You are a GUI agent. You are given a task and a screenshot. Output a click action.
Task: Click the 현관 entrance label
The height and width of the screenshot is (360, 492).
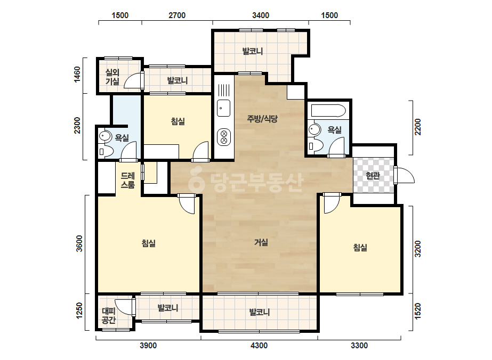(x=373, y=176)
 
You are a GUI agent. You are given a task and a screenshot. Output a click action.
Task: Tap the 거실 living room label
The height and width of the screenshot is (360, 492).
(x=261, y=242)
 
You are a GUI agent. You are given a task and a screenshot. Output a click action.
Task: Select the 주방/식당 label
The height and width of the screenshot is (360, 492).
(x=262, y=119)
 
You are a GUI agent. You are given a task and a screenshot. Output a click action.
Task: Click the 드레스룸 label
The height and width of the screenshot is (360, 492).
(x=128, y=181)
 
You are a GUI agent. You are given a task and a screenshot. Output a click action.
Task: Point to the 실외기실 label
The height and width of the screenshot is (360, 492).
(x=112, y=77)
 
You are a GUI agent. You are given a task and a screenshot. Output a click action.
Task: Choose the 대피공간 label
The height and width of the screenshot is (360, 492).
(x=109, y=315)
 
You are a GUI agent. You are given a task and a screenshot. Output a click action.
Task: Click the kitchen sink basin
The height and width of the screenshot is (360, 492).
(x=223, y=108)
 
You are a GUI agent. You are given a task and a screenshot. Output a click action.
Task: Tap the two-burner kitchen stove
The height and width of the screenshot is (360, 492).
(x=224, y=137)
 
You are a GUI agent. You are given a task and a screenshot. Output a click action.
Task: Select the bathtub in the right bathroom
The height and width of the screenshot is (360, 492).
(x=328, y=110)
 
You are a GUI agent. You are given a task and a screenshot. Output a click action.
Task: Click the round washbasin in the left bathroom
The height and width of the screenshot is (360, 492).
(x=105, y=136)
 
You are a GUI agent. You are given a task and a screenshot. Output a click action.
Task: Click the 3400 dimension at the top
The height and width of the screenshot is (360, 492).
(x=261, y=15)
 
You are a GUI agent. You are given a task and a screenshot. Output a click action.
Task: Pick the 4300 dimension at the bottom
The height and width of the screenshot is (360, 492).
(x=260, y=346)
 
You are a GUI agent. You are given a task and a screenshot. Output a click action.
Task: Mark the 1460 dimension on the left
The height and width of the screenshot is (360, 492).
(x=77, y=75)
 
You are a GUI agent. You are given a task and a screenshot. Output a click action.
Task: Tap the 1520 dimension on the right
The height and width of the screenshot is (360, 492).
(x=417, y=312)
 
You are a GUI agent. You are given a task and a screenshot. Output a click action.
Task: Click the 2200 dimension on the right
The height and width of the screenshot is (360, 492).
(x=417, y=127)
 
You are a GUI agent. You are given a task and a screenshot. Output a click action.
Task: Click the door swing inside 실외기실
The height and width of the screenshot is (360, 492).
(x=133, y=80)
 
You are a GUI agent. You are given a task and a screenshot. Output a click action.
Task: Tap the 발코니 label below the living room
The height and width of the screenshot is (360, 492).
(x=260, y=312)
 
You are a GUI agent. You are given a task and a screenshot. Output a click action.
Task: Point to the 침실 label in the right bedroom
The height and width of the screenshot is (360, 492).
(x=360, y=248)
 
